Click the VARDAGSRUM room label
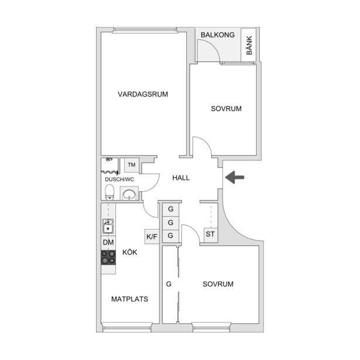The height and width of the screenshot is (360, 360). [x=143, y=94]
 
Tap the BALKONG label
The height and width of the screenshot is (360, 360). [x=218, y=35]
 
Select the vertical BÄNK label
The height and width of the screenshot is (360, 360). [x=249, y=45]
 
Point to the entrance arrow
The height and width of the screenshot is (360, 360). [x=235, y=177]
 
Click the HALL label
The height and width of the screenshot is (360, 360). [x=181, y=178]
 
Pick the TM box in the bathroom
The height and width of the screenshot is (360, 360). [x=132, y=165]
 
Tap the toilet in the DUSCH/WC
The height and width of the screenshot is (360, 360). [x=109, y=193]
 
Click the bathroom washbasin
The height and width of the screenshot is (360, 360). [x=129, y=193]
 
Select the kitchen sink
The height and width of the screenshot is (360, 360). [x=108, y=226]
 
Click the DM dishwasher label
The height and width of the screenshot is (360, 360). [x=108, y=242]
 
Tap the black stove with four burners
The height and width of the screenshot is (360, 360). [x=108, y=258]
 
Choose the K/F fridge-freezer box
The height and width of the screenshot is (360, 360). [x=152, y=236]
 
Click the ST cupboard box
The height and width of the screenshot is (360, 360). [x=210, y=234]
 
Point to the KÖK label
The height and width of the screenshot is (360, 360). [x=130, y=252]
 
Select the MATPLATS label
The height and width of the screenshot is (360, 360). [x=130, y=299]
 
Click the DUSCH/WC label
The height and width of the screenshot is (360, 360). [x=119, y=180]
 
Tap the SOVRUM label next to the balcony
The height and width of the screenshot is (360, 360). [x=226, y=109]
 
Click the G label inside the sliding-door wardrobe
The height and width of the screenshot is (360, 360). [x=169, y=284]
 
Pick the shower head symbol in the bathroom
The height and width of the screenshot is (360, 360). [x=109, y=159]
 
